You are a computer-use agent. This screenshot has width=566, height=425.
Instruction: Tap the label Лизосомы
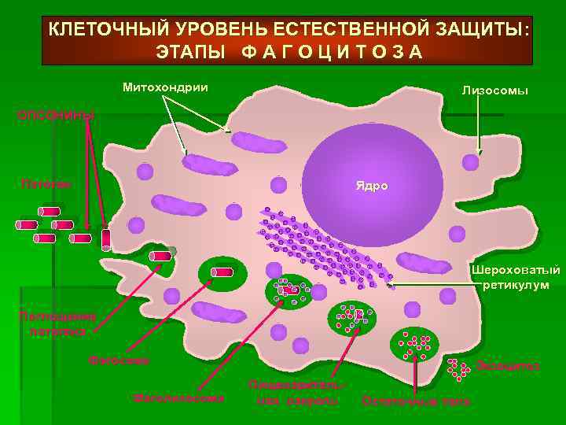coord(494,91)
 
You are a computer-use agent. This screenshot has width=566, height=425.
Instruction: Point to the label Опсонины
coord(55,116)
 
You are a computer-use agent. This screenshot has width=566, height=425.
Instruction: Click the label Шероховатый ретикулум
coord(516,278)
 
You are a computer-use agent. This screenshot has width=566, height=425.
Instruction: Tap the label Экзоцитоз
coord(509,366)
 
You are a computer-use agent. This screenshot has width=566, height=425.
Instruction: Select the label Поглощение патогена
coord(57,324)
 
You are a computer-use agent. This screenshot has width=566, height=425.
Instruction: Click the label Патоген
coord(46,184)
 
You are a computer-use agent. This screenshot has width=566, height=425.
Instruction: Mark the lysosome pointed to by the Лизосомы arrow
coord(470,163)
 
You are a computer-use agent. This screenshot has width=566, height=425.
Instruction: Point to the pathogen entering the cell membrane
coord(162,255)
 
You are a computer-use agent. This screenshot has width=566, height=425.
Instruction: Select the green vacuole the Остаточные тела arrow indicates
coord(414,342)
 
